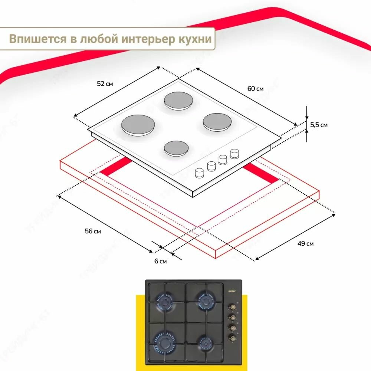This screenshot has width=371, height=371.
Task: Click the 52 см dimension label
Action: point(105,84)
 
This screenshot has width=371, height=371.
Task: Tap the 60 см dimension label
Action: point(255,89)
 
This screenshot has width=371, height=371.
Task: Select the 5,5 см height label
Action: point(319,125)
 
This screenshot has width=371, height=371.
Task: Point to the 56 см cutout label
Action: point(93,231)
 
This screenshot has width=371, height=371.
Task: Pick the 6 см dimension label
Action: point(160,261)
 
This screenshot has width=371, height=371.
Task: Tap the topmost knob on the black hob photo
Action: point(233,307)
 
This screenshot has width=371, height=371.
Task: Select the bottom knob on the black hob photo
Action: point(233,337)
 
